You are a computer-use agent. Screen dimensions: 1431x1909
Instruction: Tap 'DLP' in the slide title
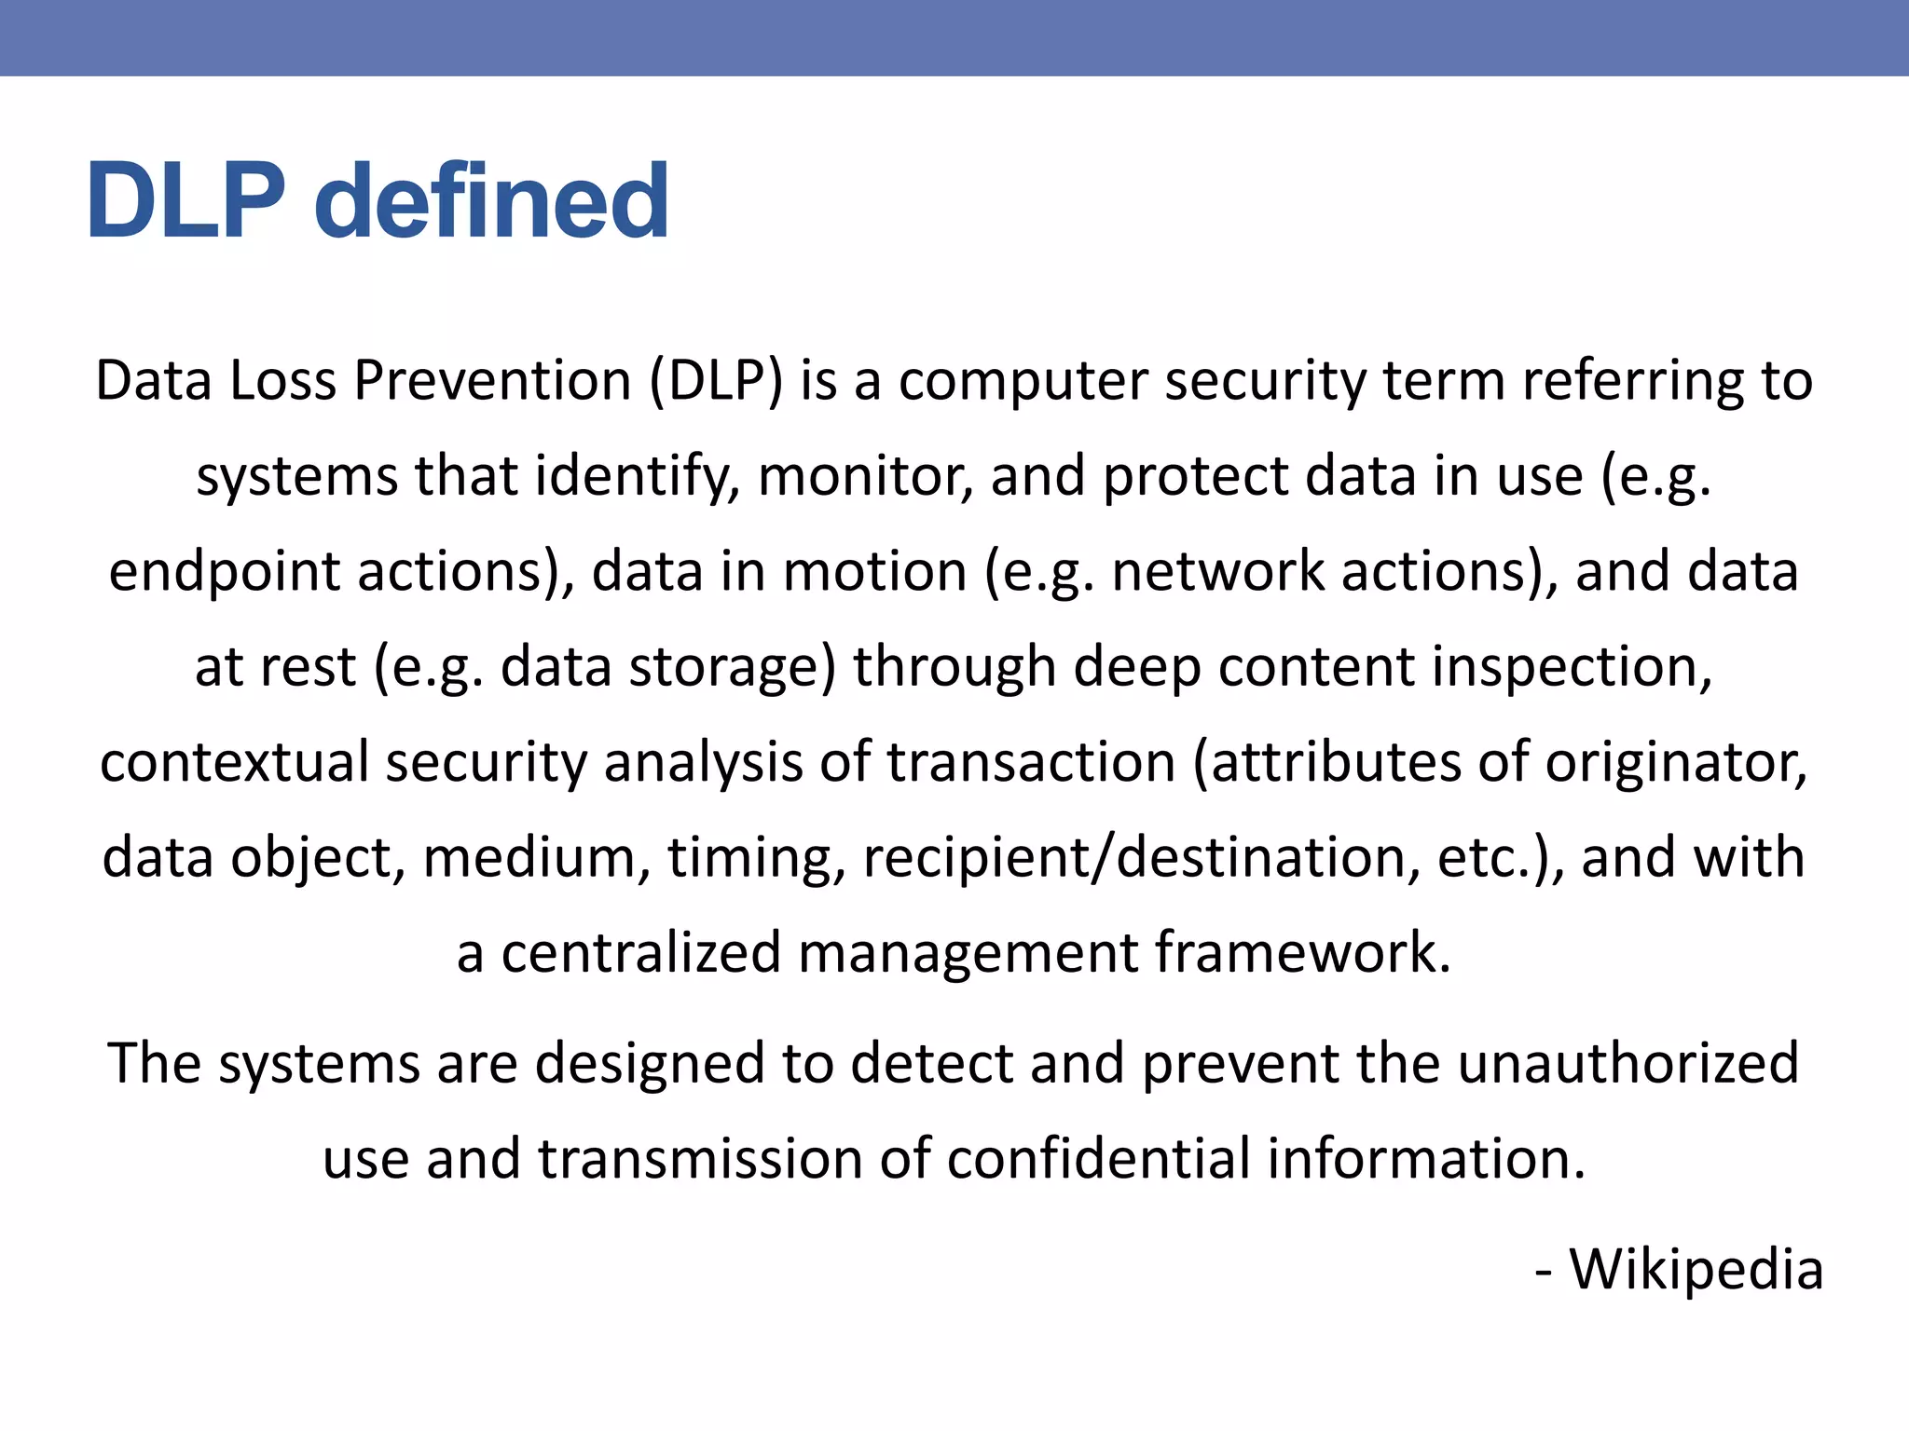click(x=185, y=201)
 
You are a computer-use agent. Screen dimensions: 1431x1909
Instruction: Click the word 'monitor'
click(x=865, y=476)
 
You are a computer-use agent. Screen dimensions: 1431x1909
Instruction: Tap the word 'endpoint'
click(x=224, y=572)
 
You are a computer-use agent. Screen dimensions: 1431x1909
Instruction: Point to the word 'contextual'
click(x=234, y=762)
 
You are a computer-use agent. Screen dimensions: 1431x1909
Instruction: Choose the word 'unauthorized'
click(x=1627, y=1063)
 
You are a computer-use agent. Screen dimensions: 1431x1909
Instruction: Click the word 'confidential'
click(x=1097, y=1159)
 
